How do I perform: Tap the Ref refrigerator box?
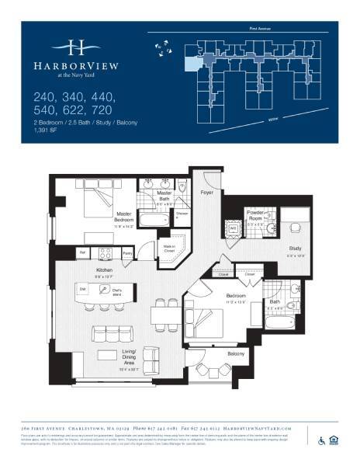point(81,252)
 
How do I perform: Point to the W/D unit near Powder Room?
point(232,229)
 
